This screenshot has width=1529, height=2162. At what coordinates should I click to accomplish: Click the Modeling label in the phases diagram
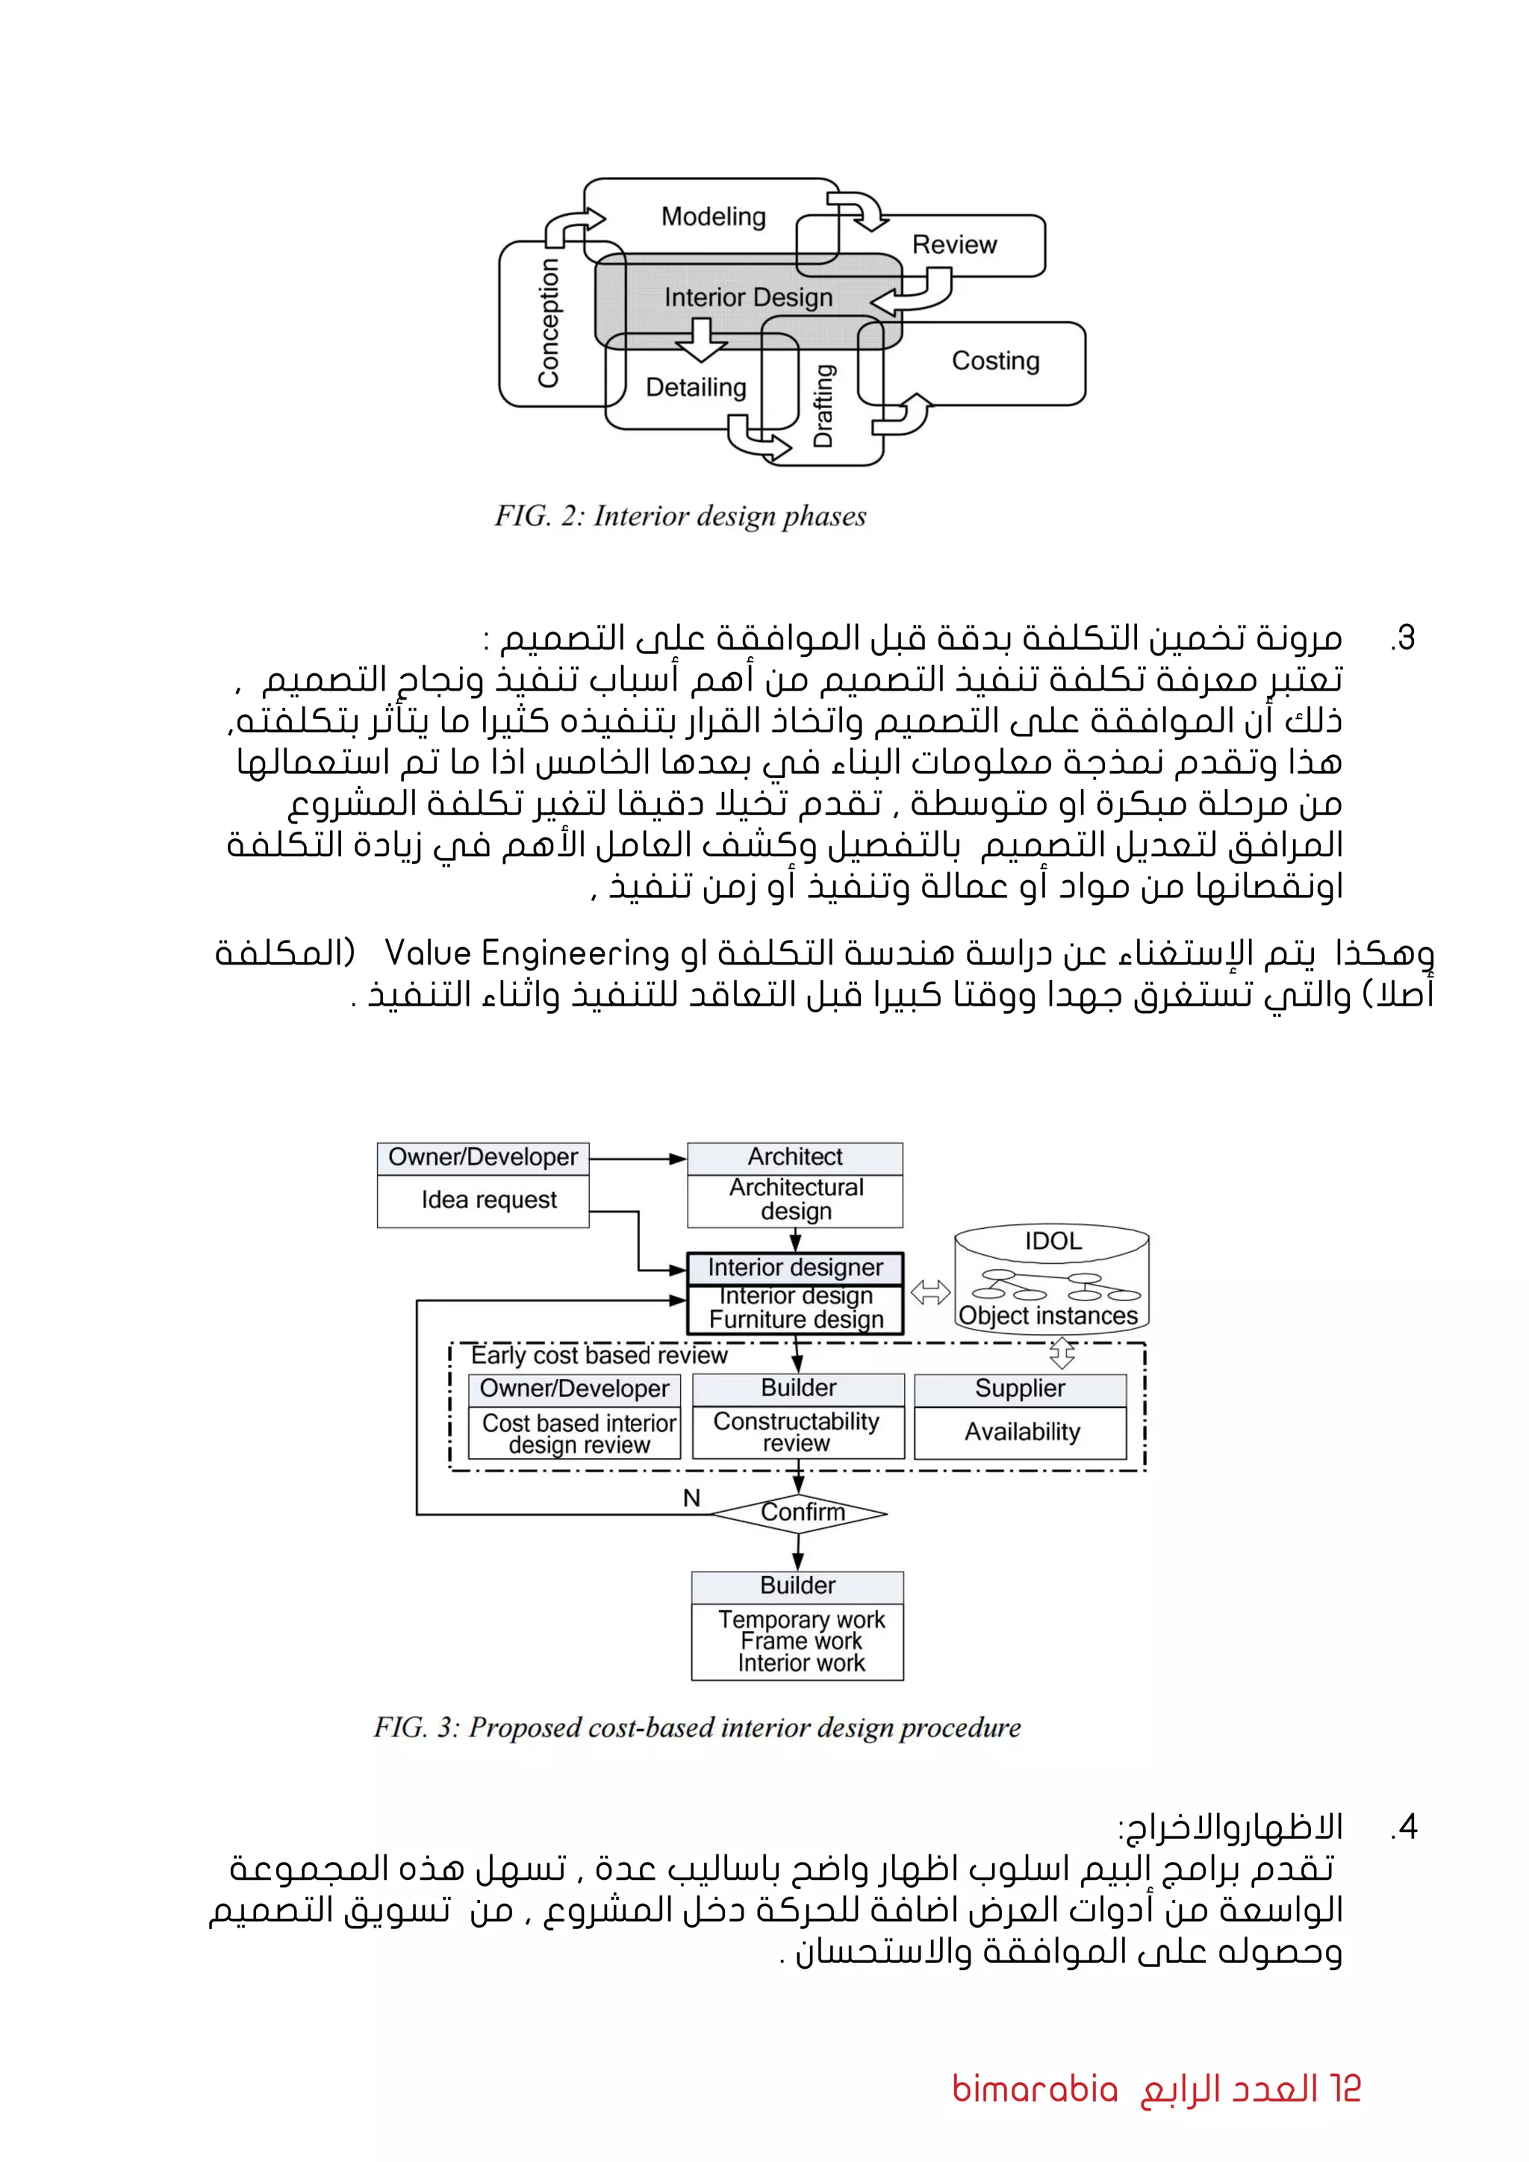point(713,216)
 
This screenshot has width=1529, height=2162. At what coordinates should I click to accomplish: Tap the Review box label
point(953,245)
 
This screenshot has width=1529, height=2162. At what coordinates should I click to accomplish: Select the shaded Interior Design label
point(749,298)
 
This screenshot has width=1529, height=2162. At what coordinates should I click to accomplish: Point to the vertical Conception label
point(548,323)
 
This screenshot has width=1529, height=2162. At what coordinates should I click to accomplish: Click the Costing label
point(995,361)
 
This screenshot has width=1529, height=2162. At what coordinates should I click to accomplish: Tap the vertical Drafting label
point(823,406)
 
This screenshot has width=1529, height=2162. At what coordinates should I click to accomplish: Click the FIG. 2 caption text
point(680,516)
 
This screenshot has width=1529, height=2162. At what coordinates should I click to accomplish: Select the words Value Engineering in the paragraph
point(526,953)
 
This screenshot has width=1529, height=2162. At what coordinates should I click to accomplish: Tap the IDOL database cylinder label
point(1053,1241)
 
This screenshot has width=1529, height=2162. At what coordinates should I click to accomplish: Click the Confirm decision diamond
point(801,1513)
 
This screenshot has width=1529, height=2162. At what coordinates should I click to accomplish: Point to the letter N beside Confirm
point(691,1498)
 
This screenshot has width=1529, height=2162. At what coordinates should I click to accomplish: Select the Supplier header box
point(1020,1388)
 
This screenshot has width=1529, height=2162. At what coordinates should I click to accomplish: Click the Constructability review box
point(797,1432)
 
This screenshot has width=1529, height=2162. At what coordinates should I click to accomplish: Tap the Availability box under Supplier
point(1021,1432)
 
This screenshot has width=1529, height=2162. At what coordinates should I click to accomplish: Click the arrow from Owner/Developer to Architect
point(638,1158)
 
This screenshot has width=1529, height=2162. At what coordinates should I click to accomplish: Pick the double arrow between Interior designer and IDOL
point(929,1292)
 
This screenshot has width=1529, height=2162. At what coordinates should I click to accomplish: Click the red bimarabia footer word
point(1034,2089)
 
